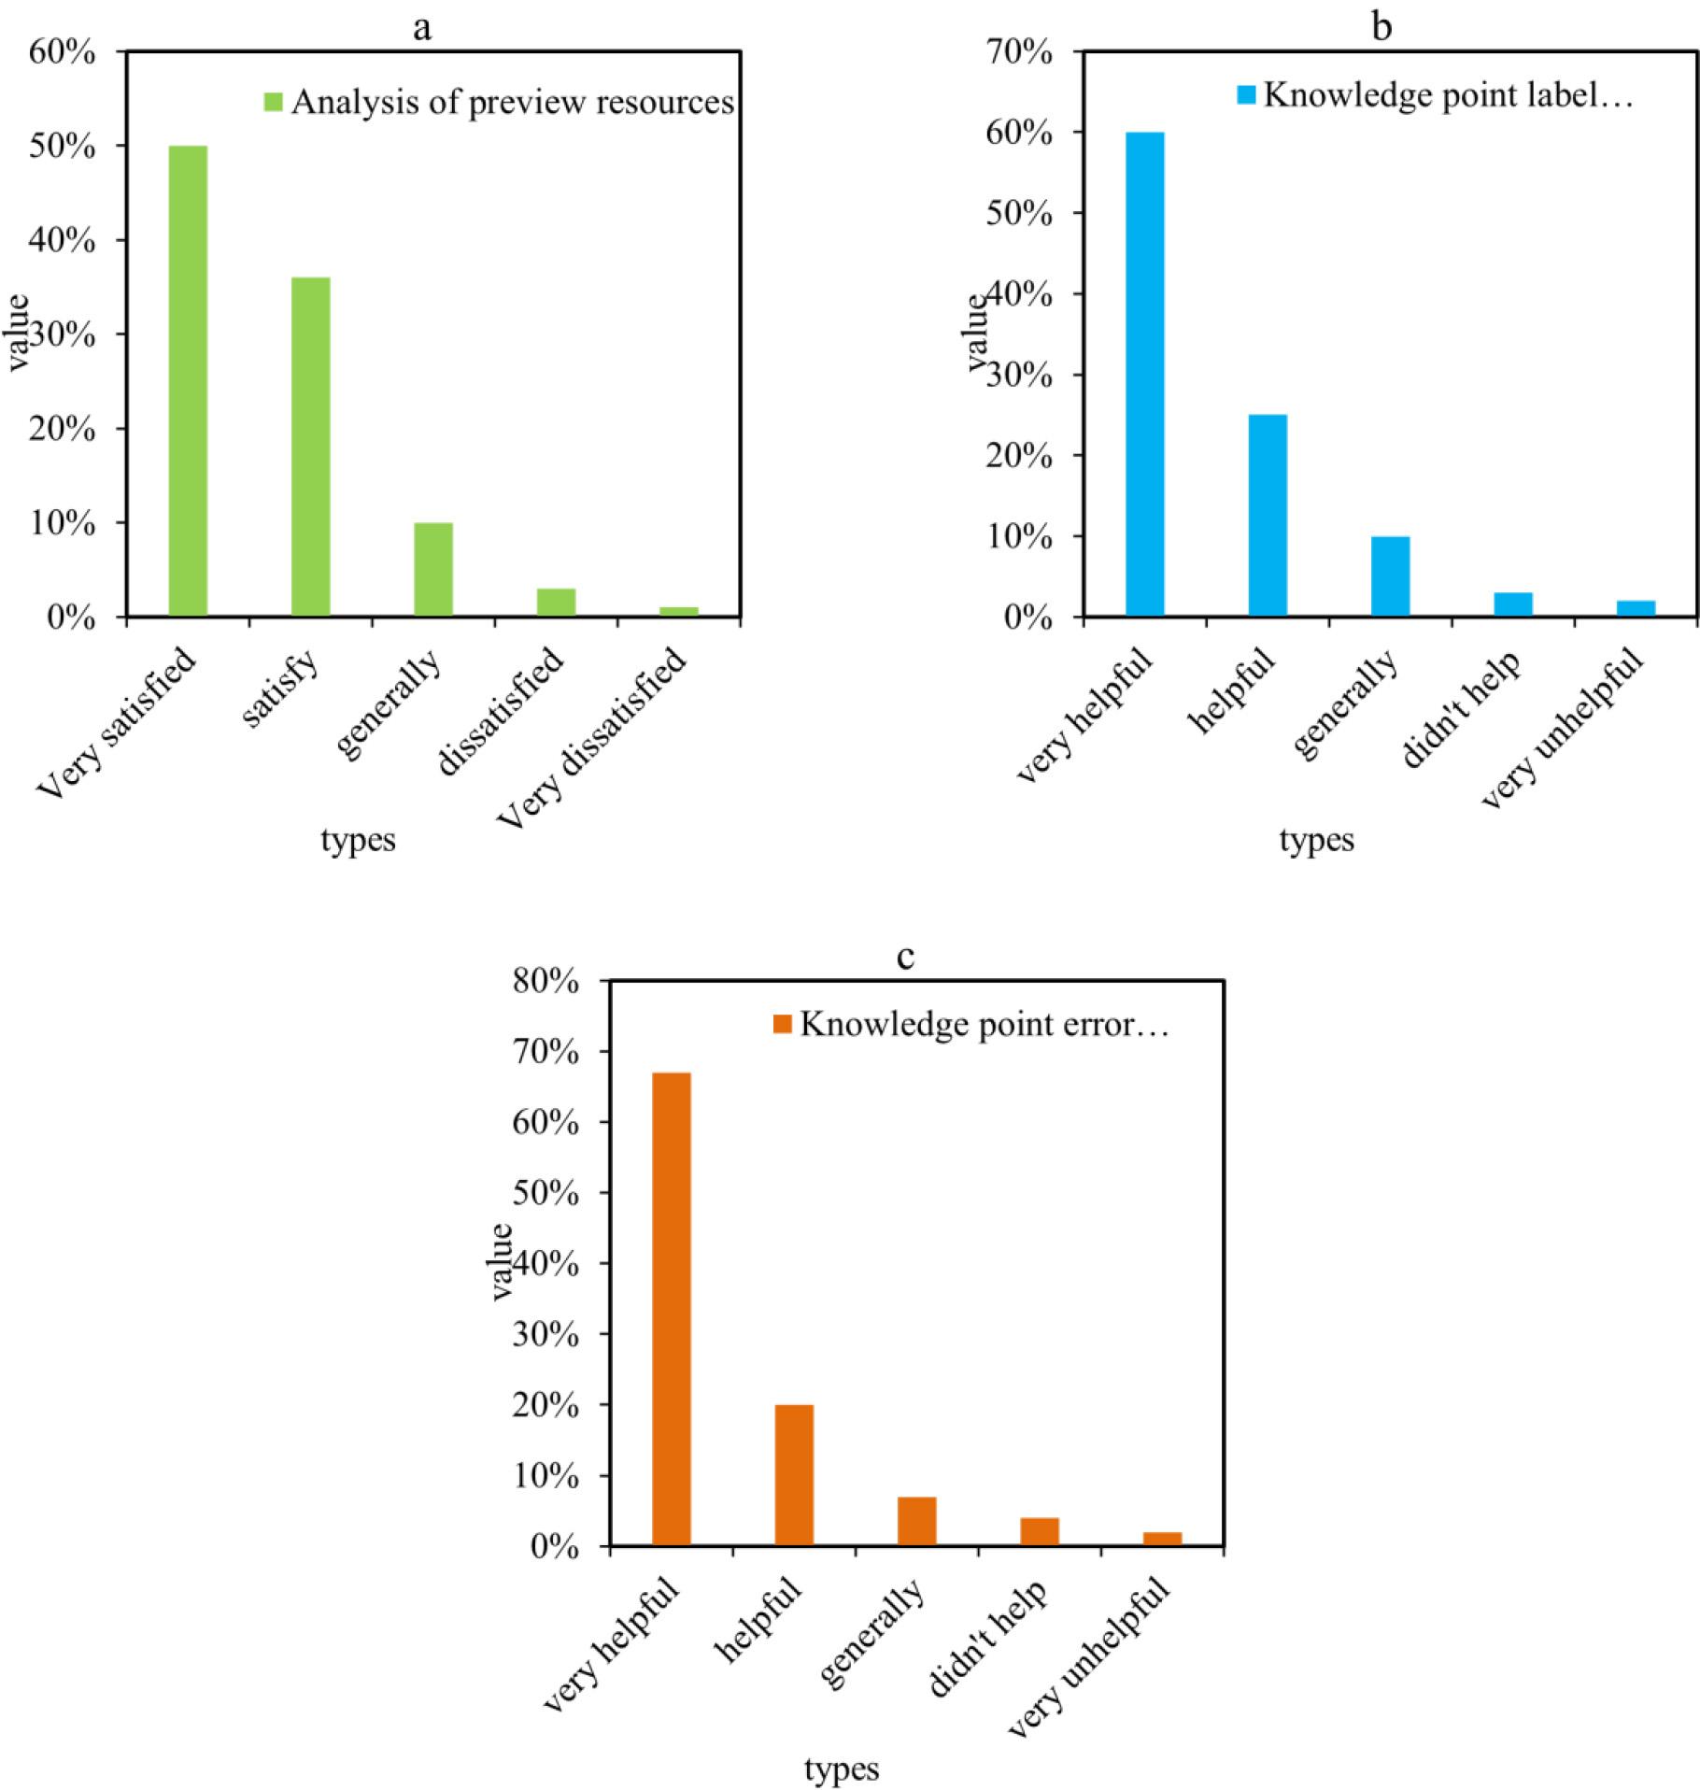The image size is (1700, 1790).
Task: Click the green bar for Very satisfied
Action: (188, 380)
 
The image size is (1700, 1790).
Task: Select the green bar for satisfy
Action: (310, 447)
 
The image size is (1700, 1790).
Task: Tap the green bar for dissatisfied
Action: (556, 602)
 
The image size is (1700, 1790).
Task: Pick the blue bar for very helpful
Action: (1144, 374)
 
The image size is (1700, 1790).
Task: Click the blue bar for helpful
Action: (1268, 515)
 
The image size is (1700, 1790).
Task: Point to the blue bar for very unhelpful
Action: (1636, 608)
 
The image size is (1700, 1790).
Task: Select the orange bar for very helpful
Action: (672, 1308)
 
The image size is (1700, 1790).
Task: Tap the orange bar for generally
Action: (916, 1521)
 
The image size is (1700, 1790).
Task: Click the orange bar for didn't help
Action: (1040, 1531)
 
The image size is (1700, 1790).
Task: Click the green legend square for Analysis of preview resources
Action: (273, 102)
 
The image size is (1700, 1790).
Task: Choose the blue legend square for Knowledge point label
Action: (1246, 94)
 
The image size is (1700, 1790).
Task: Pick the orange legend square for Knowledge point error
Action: (783, 1024)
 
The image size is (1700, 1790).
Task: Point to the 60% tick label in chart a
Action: (63, 52)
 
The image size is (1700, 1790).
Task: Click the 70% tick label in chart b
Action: (1019, 52)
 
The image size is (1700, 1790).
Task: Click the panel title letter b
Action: (1381, 26)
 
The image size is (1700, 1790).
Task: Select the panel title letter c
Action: (904, 957)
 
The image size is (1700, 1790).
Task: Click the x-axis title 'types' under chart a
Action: (359, 840)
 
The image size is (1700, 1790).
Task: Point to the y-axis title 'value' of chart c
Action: (502, 1260)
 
